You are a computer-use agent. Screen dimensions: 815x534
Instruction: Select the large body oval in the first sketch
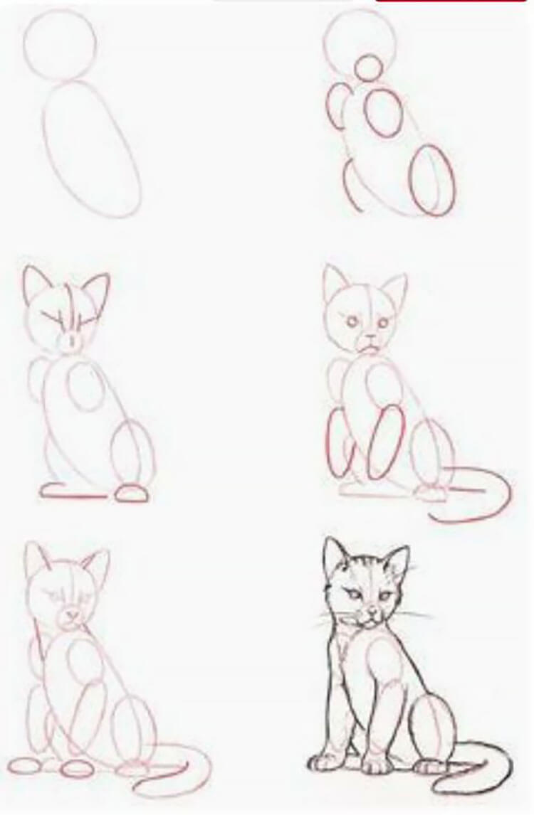(91, 148)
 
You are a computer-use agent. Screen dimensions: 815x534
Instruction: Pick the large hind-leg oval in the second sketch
(434, 179)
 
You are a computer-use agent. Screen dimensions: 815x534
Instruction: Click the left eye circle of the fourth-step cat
(351, 322)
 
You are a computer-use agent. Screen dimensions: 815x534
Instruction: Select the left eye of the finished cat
(354, 593)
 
